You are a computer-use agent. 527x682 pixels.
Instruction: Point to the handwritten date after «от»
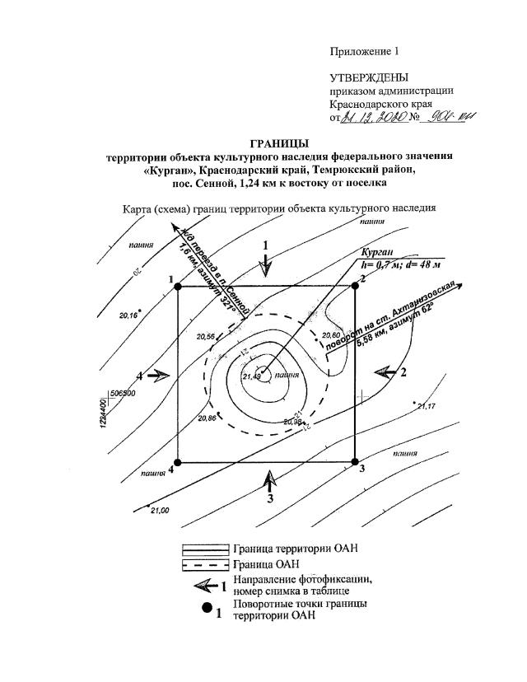375,119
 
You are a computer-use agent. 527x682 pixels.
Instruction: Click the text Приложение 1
363,50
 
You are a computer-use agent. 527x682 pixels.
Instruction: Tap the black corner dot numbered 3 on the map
355,462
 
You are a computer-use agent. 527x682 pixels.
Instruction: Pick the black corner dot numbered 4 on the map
178,463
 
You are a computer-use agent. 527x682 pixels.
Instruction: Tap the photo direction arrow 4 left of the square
159,375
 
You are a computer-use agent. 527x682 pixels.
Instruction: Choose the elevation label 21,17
427,407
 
